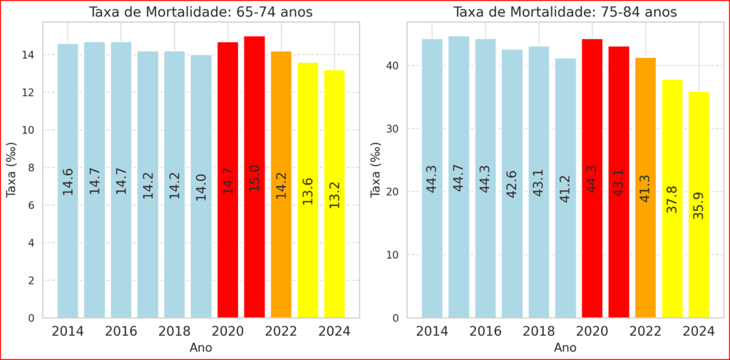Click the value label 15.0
tap(255, 181)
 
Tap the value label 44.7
tap(458, 178)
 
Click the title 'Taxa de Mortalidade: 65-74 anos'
tap(200, 12)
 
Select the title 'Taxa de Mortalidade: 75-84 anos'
tap(565, 12)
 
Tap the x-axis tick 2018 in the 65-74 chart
tap(175, 331)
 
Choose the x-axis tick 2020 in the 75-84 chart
tap(592, 331)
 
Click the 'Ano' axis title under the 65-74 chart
tap(200, 348)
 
